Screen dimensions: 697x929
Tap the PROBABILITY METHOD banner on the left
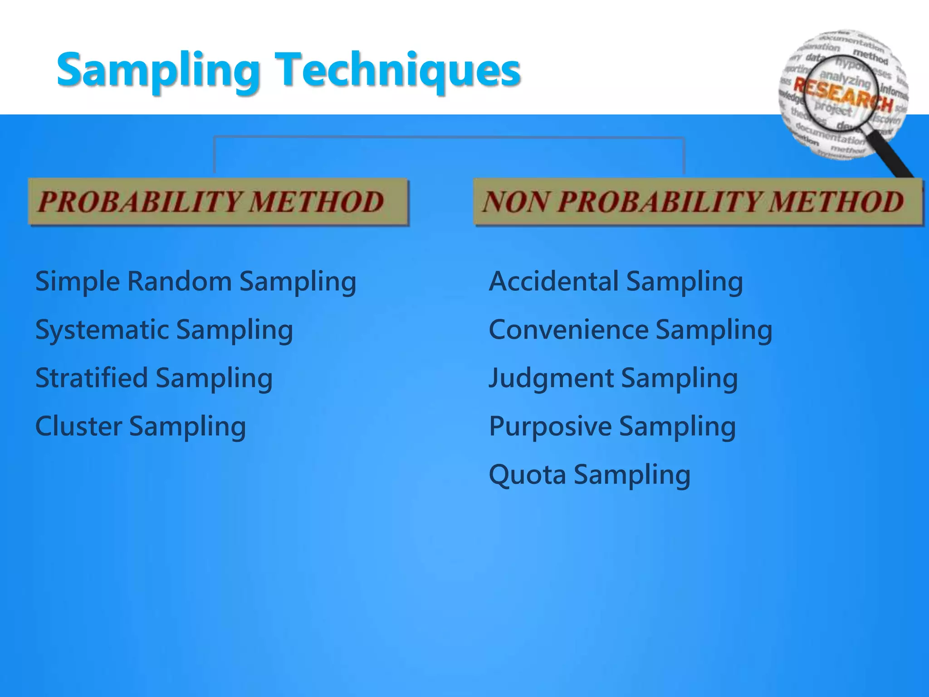tap(218, 201)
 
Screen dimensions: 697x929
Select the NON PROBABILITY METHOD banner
tap(698, 201)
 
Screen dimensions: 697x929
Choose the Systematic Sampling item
tap(164, 330)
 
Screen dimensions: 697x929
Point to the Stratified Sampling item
tap(154, 378)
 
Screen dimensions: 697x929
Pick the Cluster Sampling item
tap(141, 427)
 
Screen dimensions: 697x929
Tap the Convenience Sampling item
tap(631, 330)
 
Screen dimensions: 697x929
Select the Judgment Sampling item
tap(613, 378)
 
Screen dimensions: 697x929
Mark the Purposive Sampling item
tap(612, 427)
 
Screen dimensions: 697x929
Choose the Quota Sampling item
tap(590, 475)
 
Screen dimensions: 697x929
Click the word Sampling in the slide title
tap(159, 70)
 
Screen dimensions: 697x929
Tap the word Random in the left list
tap(180, 281)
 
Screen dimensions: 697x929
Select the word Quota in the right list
tap(528, 475)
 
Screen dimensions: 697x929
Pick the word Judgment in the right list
tap(551, 378)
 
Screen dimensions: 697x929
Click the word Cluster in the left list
tap(79, 427)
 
